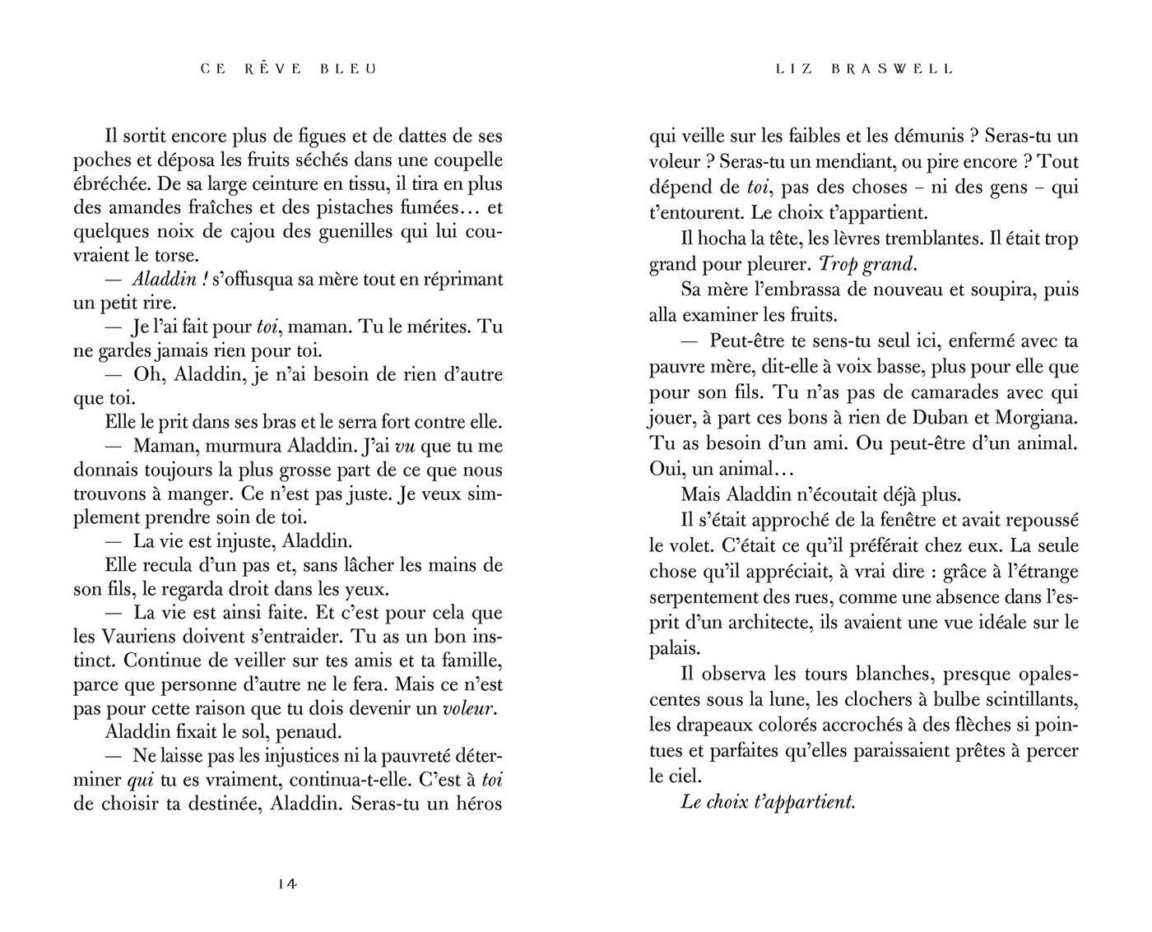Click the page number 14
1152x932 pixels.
pos(287,884)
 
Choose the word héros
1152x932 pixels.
pos(475,804)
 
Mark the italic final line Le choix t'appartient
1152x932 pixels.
pos(769,801)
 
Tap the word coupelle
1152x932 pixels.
pos(465,160)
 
